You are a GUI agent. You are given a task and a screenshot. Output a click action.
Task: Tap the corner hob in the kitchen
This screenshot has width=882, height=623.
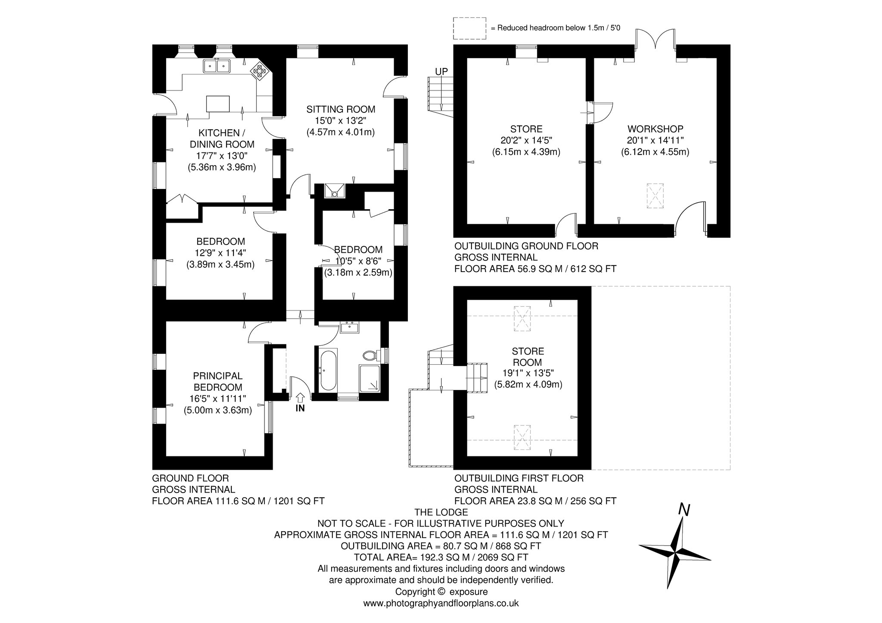click(260, 71)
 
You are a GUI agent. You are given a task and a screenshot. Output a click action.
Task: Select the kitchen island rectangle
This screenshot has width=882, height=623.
click(218, 104)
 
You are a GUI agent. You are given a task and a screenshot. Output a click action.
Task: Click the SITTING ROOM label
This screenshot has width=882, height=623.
click(341, 109)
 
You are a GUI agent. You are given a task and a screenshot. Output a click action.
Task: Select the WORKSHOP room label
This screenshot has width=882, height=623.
click(655, 129)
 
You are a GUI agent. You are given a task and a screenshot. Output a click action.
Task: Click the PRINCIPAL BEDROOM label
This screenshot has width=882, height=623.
click(218, 381)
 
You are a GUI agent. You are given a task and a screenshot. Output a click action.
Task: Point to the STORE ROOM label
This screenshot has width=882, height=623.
click(528, 357)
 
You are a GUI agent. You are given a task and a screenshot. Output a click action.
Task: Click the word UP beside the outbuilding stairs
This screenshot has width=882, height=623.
click(441, 72)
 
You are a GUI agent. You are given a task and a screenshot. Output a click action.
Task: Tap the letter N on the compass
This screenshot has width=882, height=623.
click(684, 510)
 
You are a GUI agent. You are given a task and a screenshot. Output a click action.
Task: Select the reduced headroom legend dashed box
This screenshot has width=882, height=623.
click(469, 28)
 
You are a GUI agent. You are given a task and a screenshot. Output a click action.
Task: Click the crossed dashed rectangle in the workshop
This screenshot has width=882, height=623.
click(655, 196)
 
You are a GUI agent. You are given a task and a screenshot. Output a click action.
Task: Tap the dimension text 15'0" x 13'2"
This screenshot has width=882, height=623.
click(341, 121)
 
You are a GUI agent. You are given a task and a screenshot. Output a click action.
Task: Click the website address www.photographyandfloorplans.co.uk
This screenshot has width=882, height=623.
click(441, 603)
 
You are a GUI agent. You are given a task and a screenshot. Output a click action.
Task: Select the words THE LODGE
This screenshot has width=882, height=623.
click(441, 512)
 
